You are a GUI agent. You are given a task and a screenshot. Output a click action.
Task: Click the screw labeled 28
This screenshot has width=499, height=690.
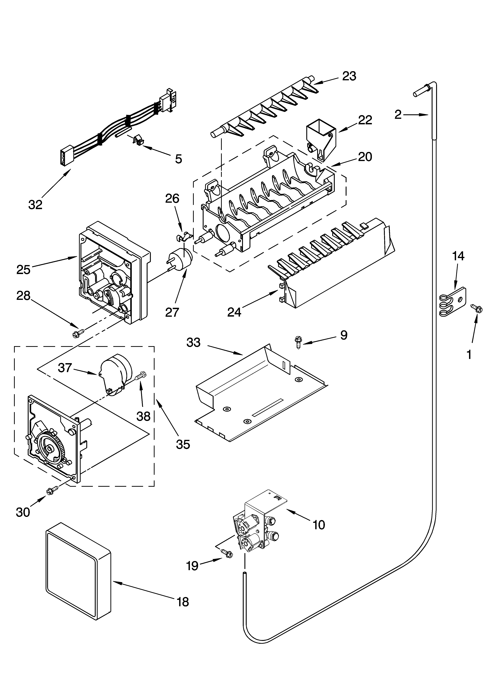[77, 333]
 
